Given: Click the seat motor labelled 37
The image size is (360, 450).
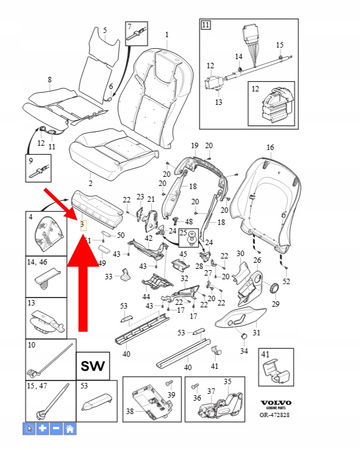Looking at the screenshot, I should [x=222, y=412].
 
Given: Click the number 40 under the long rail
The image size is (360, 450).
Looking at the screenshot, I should [x=127, y=353].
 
